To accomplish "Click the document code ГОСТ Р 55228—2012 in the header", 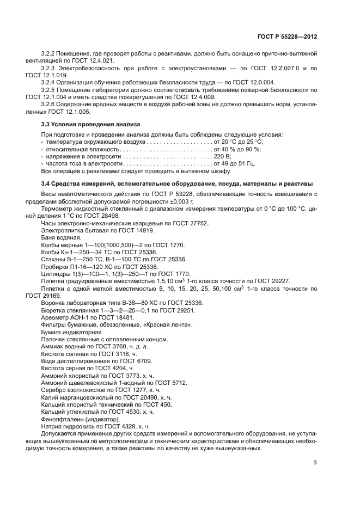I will click(x=287, y=37).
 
